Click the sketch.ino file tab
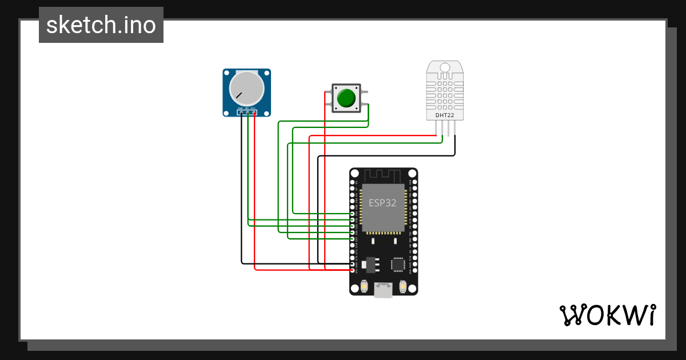point(101,25)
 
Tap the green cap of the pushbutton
point(346,98)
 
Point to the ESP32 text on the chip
point(382,203)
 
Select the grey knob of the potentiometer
point(246,89)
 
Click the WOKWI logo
point(607,315)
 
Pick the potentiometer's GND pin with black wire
point(241,113)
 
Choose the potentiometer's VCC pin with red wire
point(254,113)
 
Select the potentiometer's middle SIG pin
point(248,113)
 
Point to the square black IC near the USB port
point(398,264)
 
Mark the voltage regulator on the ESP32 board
point(370,263)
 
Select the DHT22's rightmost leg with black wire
point(456,130)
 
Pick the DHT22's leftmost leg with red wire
point(436,130)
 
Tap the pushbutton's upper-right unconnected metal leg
point(364,88)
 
